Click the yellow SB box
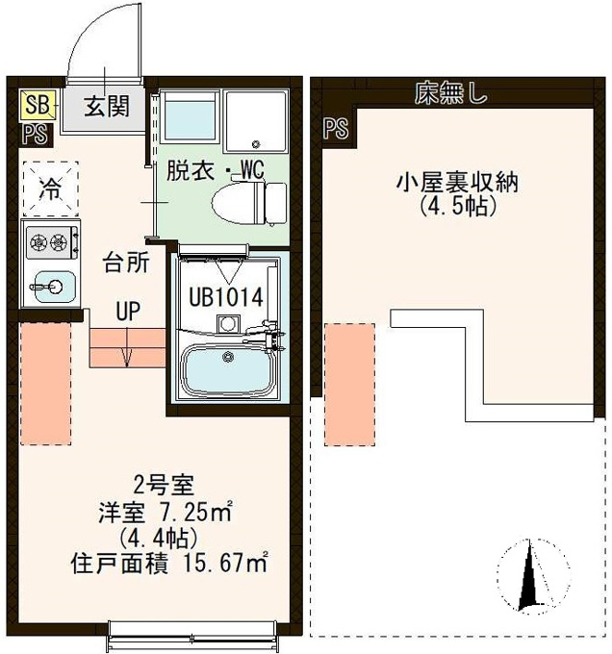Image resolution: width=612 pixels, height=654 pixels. [x=38, y=104]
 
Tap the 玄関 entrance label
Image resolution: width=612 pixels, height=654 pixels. [x=107, y=106]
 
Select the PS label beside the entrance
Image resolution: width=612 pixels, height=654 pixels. [x=36, y=135]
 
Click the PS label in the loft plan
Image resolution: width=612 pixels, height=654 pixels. [x=336, y=128]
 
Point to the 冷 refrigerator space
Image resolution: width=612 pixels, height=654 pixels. [x=51, y=189]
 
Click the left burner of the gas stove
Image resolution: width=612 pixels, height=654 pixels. [x=38, y=241]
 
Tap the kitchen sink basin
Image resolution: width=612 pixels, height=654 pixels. [x=55, y=287]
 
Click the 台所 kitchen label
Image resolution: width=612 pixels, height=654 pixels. [x=126, y=264]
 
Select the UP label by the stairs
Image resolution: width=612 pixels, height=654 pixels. [x=128, y=311]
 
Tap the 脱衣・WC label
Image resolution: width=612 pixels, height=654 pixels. [x=216, y=170]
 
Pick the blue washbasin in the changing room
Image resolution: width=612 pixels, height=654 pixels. [x=190, y=116]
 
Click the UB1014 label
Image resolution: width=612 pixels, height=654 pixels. [x=226, y=297]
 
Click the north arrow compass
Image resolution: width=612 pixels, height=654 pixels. [x=532, y=575]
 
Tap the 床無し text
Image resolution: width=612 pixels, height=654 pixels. [x=451, y=93]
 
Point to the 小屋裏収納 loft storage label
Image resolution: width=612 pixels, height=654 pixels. [x=458, y=183]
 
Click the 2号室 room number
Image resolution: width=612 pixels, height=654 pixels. [x=164, y=486]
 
